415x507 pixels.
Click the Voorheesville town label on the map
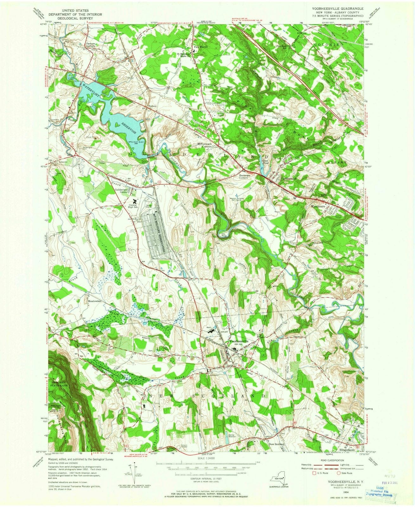tap(240, 341)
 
